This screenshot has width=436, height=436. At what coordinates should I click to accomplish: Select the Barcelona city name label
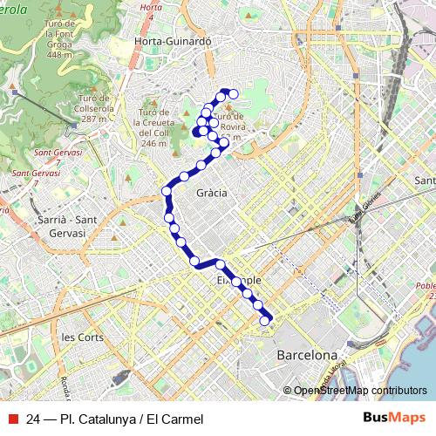306,356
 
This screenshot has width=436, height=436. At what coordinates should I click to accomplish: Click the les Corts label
83,337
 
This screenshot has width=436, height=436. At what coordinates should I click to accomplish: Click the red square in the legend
11,418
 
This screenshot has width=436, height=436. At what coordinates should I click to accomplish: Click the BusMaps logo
394,418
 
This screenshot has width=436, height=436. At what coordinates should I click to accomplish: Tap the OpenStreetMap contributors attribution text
360,391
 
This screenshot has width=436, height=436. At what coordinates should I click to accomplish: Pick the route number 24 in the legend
33,419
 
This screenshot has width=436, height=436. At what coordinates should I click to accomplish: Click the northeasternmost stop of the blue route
233,93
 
